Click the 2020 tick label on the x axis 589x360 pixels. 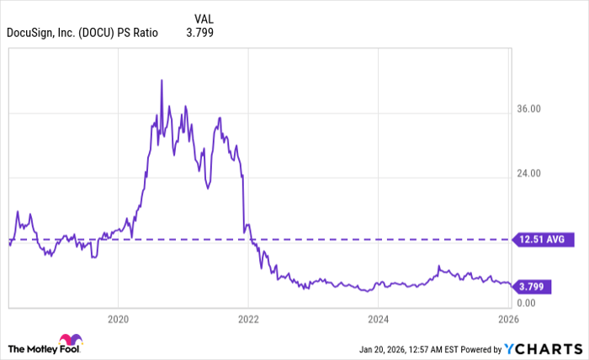point(118,320)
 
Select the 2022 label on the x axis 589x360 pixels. point(248,320)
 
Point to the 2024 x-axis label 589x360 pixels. point(379,320)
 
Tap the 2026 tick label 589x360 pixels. point(508,320)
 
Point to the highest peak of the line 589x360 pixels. point(161,81)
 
